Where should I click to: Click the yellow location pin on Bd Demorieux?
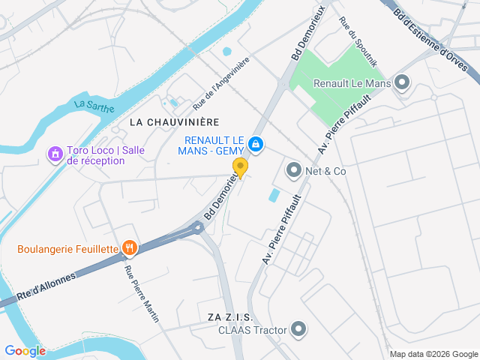[240, 166]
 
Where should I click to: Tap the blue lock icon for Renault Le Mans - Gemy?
[256, 143]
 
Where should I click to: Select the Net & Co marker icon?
[293, 171]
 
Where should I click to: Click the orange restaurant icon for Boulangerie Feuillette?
[130, 248]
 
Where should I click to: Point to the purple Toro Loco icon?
[54, 154]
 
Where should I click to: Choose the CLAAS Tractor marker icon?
[299, 329]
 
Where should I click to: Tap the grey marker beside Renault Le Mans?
[403, 83]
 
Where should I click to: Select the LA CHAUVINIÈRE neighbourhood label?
[173, 121]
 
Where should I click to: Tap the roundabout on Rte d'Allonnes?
[198, 226]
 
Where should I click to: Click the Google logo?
[25, 350]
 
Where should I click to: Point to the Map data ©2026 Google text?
[433, 354]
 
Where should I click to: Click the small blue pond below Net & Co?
[274, 196]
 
